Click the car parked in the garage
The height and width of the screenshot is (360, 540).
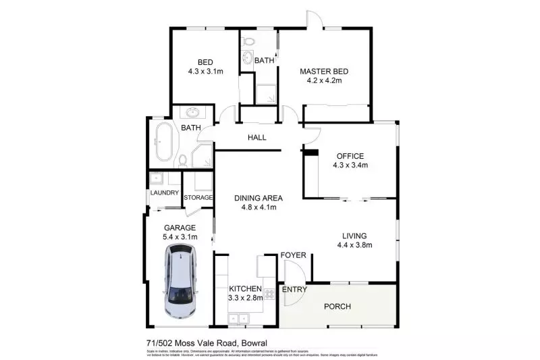181,283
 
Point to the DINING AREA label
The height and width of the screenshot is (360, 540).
258,198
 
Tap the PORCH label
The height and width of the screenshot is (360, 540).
337,307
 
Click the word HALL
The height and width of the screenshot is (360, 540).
256,138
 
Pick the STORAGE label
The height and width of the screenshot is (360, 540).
198,198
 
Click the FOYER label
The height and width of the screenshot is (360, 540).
294,255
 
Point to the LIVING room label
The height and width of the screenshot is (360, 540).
354,236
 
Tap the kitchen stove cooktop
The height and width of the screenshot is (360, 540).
268,294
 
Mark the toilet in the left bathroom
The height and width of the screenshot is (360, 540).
182,159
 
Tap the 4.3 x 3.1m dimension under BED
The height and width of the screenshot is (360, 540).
205,70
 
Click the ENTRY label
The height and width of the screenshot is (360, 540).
294,290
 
